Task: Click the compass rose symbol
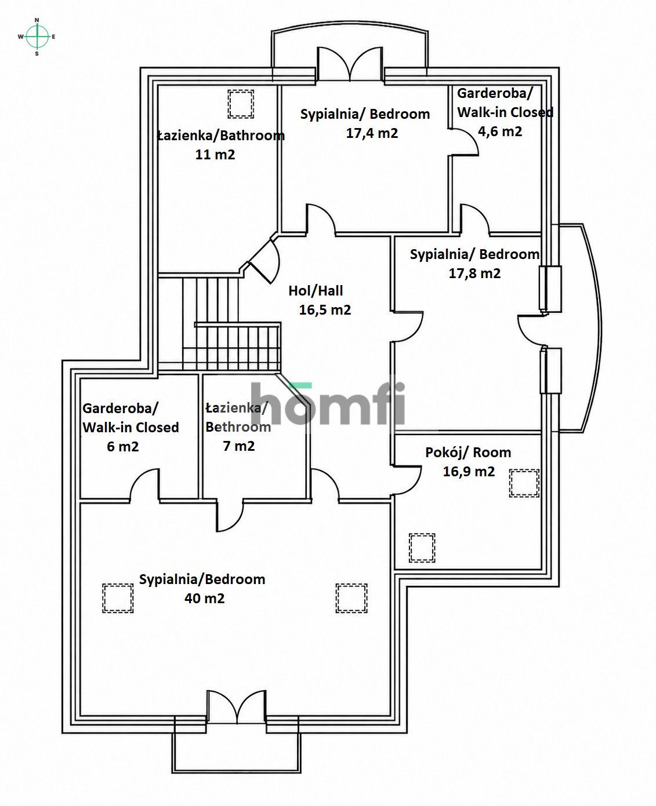click(37, 37)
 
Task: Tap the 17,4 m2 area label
click(372, 133)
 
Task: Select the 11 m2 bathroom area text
click(215, 154)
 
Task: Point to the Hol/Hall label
click(316, 291)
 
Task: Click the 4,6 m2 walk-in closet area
click(500, 132)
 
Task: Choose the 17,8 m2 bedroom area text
click(474, 273)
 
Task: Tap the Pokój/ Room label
click(468, 452)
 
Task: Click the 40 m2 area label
click(205, 598)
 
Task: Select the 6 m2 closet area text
click(123, 447)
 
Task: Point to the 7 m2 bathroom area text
click(238, 446)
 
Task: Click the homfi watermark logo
click(328, 403)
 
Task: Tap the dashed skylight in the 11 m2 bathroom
click(241, 104)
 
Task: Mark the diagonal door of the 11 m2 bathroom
click(264, 261)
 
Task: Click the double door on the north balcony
click(350, 64)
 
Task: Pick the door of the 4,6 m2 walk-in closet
click(464, 142)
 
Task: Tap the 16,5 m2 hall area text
click(325, 310)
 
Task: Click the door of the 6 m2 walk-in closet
click(144, 484)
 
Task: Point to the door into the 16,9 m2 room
click(407, 480)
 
